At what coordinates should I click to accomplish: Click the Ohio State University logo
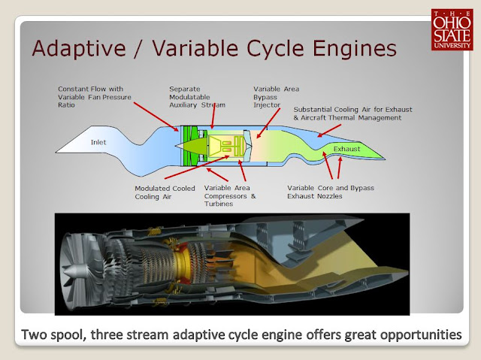452,29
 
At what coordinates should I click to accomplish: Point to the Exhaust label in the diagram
348,149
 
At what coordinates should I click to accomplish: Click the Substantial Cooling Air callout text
347,113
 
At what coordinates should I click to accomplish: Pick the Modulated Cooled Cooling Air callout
165,193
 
